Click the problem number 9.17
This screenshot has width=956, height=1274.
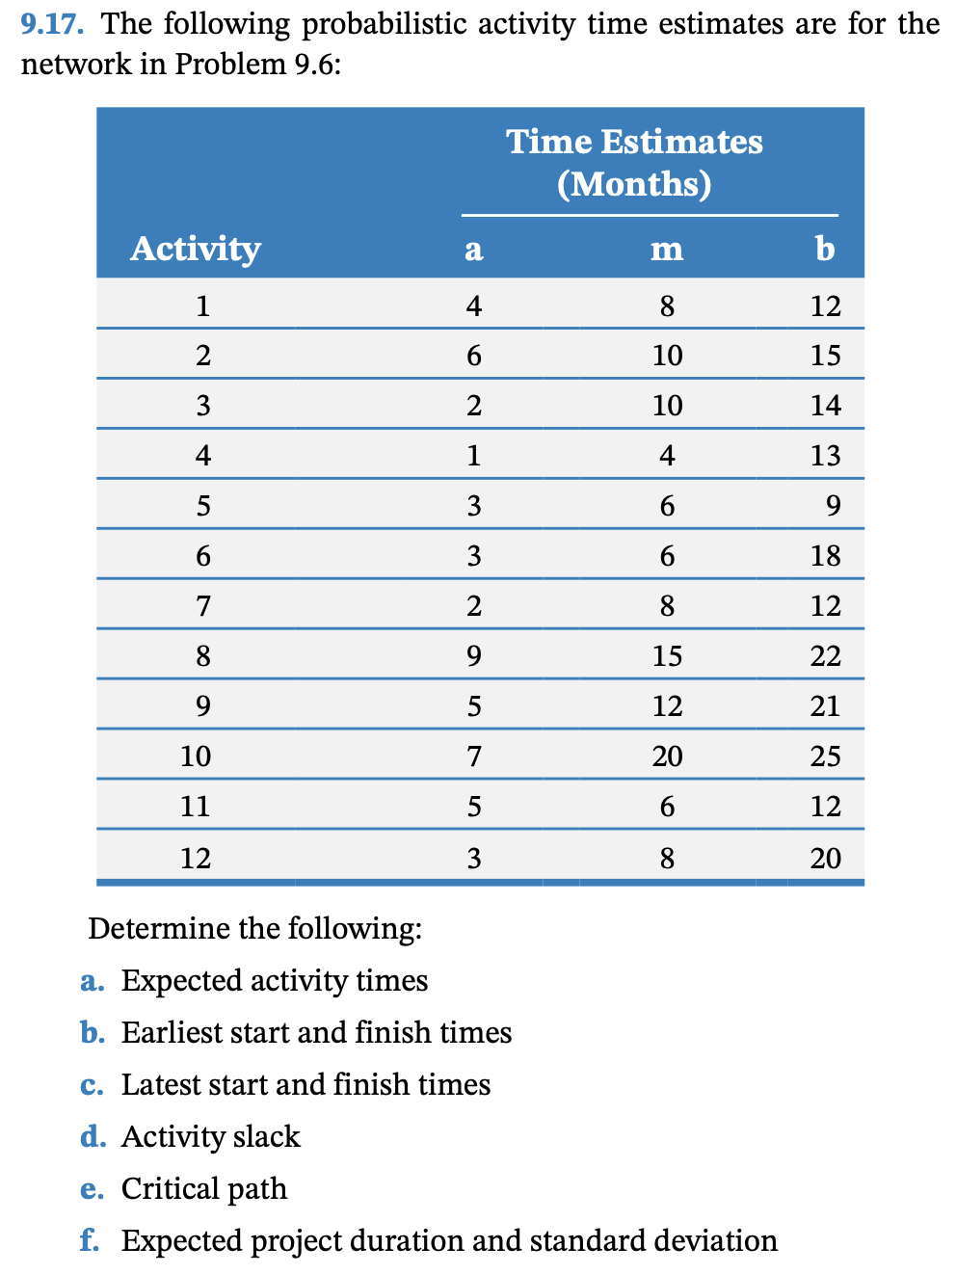pyautogui.click(x=52, y=23)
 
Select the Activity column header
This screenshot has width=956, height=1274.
pyautogui.click(x=196, y=249)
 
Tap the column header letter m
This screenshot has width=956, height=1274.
pyautogui.click(x=667, y=249)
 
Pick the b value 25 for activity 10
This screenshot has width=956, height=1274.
pyautogui.click(x=825, y=756)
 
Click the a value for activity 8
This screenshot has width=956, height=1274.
pyautogui.click(x=473, y=655)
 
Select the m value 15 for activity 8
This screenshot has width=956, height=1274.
pyautogui.click(x=667, y=655)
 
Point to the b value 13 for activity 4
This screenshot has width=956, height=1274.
pyautogui.click(x=825, y=455)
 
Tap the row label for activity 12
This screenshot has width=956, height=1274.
pyautogui.click(x=196, y=857)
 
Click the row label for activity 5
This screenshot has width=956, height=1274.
pyautogui.click(x=202, y=505)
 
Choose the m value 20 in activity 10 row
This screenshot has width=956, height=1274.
pyautogui.click(x=667, y=756)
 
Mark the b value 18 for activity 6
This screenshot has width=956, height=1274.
pyautogui.click(x=825, y=555)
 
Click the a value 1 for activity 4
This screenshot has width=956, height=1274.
pyautogui.click(x=473, y=455)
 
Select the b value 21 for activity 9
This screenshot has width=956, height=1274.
pyautogui.click(x=825, y=705)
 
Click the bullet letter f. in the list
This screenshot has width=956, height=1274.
pyautogui.click(x=90, y=1239)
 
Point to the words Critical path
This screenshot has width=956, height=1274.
pyautogui.click(x=204, y=1188)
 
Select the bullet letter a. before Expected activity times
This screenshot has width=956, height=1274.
pyautogui.click(x=92, y=981)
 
